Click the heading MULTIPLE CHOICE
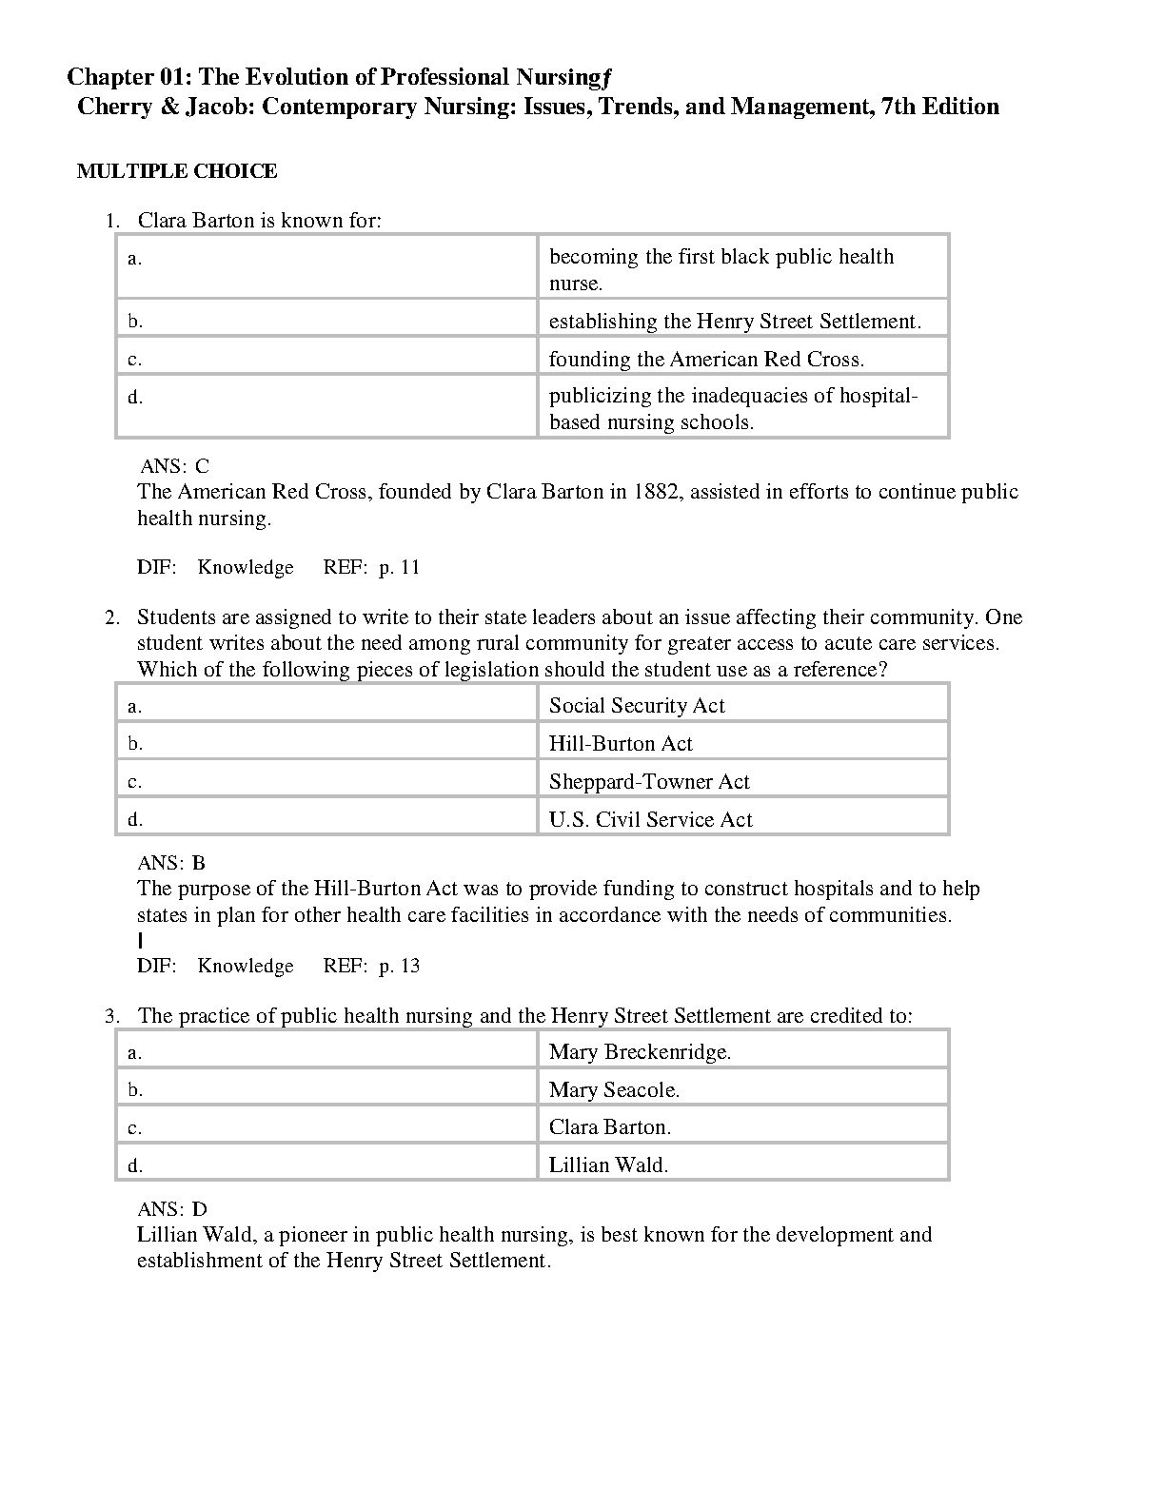pos(177,171)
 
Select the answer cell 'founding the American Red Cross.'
pos(706,359)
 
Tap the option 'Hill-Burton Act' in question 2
pos(621,743)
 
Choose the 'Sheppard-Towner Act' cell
pos(649,781)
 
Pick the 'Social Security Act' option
pos(637,705)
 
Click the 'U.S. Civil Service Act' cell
pos(651,819)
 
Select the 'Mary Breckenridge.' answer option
pos(640,1051)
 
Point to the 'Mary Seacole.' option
pos(614,1089)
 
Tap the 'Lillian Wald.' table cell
pos(608,1164)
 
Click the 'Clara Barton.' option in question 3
pos(610,1126)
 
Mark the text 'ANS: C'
pos(175,466)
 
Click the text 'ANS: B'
pos(171,863)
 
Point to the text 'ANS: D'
pos(172,1209)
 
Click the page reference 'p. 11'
pos(400,567)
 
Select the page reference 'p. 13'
pos(400,966)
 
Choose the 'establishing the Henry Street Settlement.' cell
pos(735,321)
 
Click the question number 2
pos(111,617)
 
